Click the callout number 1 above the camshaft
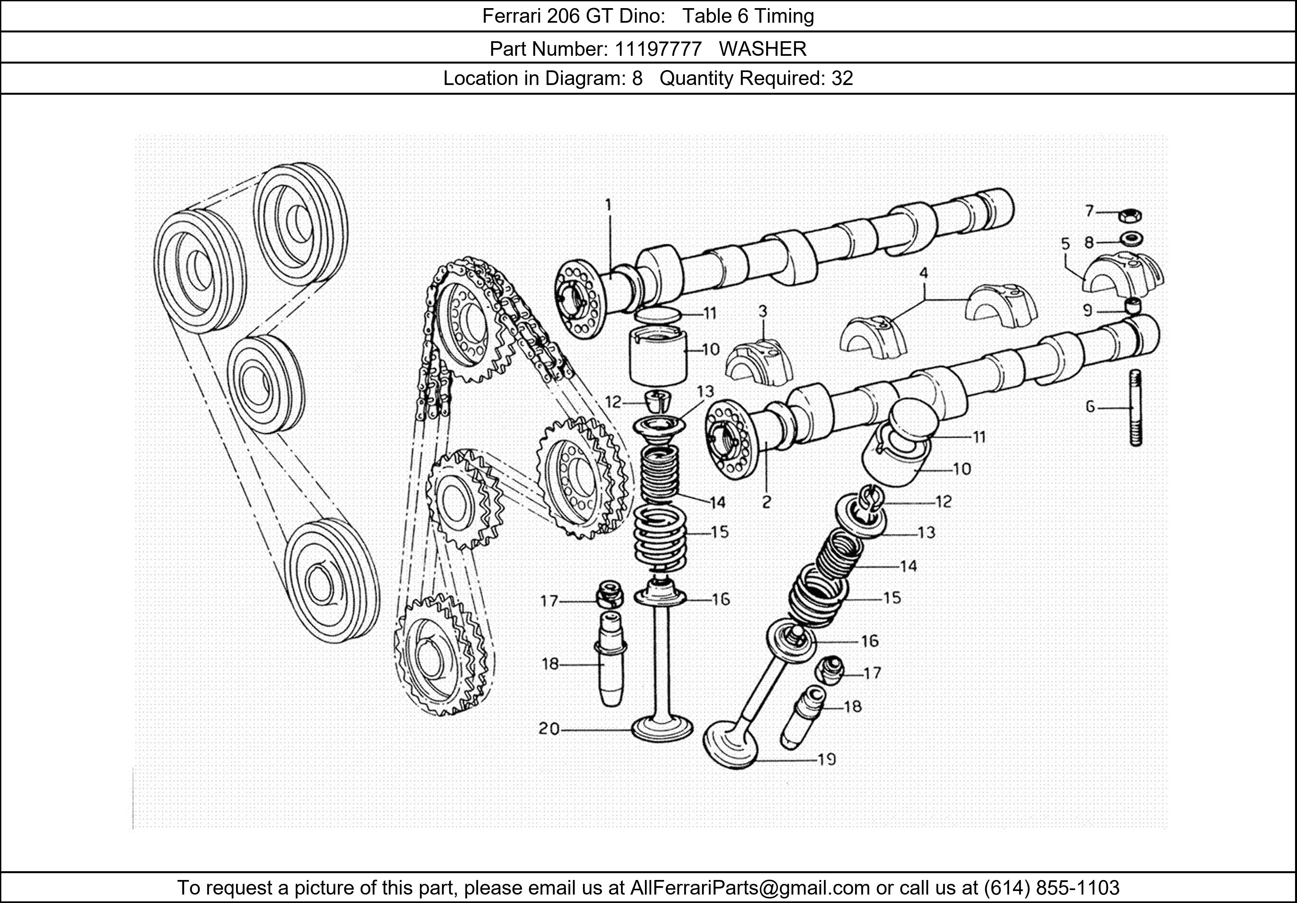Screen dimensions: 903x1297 coord(608,205)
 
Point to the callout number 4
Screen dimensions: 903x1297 coord(924,273)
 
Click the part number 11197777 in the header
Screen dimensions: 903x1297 coord(658,49)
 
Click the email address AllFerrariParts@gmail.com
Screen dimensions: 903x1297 coord(750,888)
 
